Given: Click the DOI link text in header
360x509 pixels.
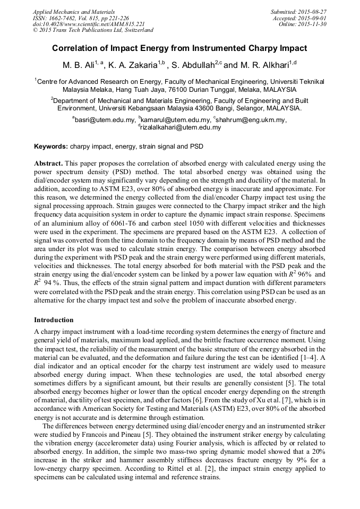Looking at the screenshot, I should [89, 24].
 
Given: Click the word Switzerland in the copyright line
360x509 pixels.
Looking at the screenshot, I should [136, 30].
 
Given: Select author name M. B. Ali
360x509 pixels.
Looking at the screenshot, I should [79, 65].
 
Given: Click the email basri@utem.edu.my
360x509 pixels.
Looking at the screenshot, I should [105, 120].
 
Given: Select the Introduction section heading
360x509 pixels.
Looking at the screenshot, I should [54, 320].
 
